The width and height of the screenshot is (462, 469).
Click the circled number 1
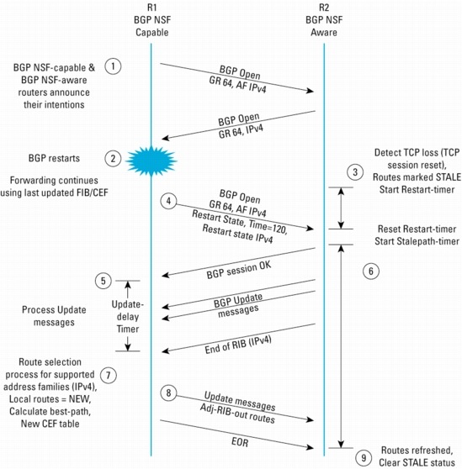113,66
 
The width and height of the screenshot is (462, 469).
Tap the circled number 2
113,159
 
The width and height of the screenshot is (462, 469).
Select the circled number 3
355,172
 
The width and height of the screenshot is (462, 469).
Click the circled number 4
168,201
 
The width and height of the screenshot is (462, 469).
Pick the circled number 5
104,281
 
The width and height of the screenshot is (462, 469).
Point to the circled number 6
371,271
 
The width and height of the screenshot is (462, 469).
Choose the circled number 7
108,375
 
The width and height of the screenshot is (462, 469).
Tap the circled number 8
168,393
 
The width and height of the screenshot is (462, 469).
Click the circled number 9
364,458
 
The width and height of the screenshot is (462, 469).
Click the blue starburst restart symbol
151,161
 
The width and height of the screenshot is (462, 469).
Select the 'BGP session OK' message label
239,270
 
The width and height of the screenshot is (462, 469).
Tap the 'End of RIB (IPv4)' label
238,345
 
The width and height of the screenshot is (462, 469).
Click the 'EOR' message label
240,442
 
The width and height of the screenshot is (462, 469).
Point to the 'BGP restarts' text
54,158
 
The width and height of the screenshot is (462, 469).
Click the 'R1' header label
152,8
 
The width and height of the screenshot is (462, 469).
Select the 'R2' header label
324,8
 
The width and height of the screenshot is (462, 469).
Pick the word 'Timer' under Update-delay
128,329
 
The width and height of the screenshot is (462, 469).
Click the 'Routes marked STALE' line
417,177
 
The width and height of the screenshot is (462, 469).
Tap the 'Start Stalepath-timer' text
417,241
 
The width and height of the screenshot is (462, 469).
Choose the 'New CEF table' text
50,424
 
